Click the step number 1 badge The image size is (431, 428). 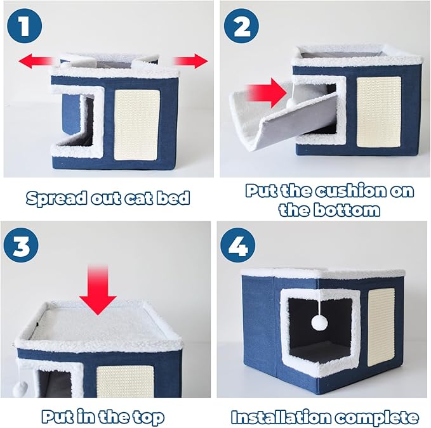(25, 27)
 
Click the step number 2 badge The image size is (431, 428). (241, 27)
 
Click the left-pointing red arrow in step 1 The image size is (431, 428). (36, 62)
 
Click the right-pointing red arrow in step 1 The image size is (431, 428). (190, 62)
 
